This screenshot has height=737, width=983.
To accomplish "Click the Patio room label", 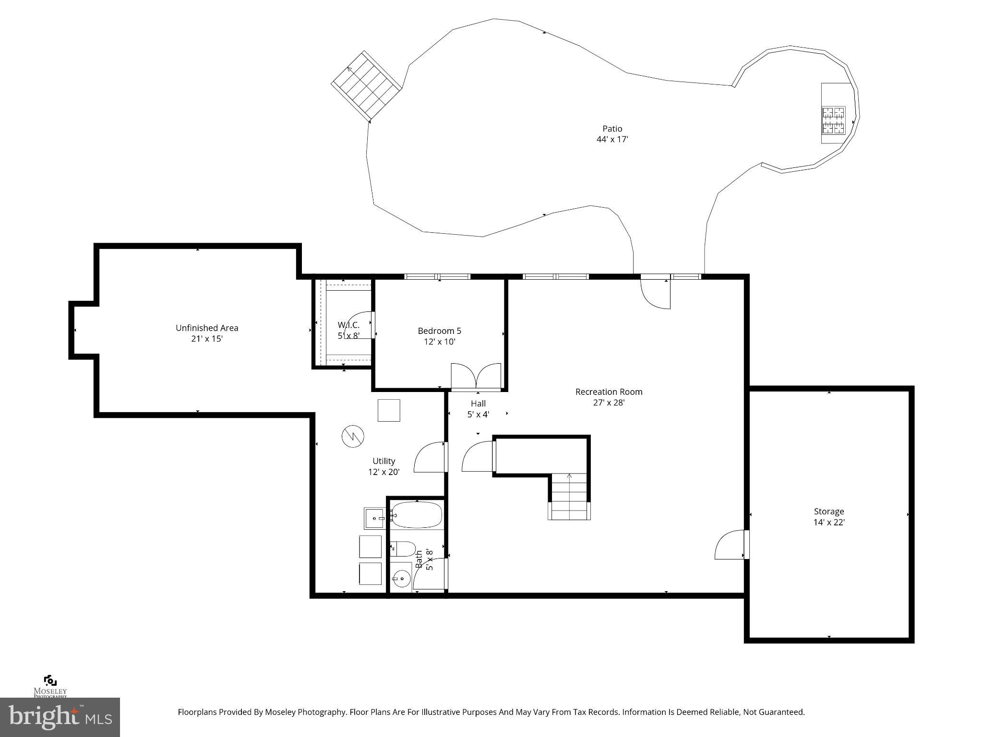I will click(x=612, y=129).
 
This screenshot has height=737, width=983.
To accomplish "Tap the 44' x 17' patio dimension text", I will click(x=612, y=140).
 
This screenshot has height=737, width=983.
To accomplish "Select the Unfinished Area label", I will click(x=207, y=328).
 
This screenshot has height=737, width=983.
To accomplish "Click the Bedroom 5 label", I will click(x=439, y=331).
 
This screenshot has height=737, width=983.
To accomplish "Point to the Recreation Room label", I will click(x=609, y=392).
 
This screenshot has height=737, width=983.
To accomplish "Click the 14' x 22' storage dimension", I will click(x=828, y=523).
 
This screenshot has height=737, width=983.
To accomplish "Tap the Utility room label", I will click(x=384, y=461).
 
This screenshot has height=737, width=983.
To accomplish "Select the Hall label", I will click(x=478, y=404).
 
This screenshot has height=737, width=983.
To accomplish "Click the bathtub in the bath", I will click(x=417, y=515).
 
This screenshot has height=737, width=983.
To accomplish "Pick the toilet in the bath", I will click(x=403, y=548).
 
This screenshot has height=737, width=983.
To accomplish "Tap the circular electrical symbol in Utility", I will click(x=353, y=436).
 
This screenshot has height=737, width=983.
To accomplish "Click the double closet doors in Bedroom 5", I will click(x=476, y=377).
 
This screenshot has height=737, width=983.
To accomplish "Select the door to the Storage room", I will click(x=731, y=545).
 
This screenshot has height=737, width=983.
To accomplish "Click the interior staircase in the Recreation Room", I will click(x=569, y=496).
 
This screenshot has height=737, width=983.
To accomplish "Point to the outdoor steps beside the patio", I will click(x=367, y=86).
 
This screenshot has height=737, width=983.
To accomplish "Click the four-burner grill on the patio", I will click(x=833, y=120).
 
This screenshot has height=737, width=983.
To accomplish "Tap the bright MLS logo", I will click(x=60, y=717).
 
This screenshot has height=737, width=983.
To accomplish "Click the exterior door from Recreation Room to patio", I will click(x=656, y=293).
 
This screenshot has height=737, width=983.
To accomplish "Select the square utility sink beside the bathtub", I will click(x=374, y=519).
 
